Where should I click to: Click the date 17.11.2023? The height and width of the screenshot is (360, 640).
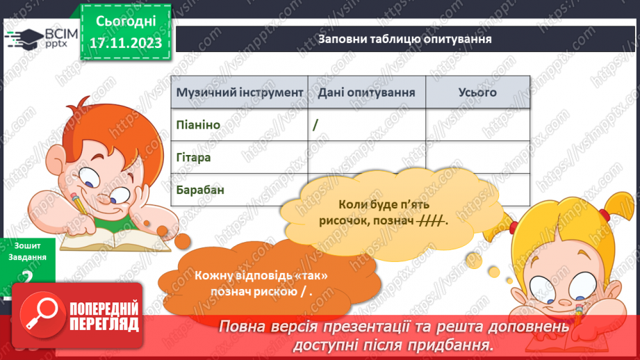point(126,43)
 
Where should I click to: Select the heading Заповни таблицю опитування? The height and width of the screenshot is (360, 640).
point(405,39)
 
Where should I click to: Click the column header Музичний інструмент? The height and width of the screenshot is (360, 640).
point(240,92)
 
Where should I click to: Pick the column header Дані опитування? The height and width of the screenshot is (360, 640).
point(367,92)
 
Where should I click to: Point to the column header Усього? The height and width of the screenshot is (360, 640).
point(477,92)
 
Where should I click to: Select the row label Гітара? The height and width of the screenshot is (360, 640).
point(194,158)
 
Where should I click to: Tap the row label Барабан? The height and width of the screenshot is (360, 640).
point(200,189)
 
